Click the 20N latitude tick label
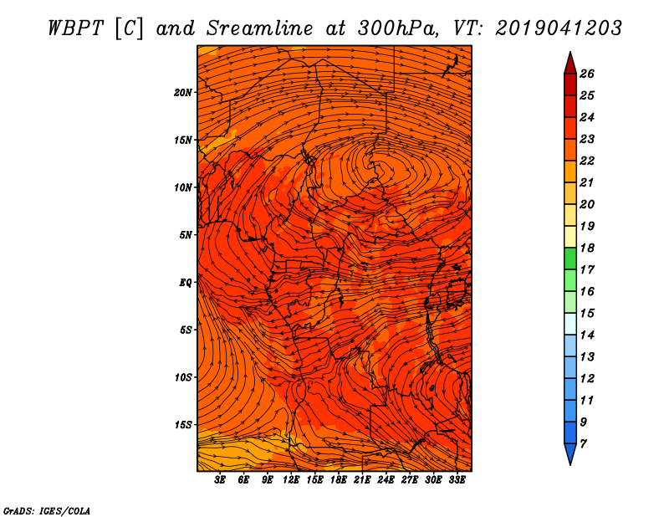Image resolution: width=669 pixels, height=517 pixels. (182, 92)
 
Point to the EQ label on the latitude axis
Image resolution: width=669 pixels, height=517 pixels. (185, 282)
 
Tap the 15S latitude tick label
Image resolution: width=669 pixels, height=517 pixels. (183, 425)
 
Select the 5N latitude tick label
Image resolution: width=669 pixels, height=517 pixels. (186, 235)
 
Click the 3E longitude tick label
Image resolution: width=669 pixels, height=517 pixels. (220, 479)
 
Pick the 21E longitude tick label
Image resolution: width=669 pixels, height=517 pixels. (362, 479)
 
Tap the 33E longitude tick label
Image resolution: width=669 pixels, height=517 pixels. (457, 479)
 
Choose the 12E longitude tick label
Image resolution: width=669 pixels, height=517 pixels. (290, 479)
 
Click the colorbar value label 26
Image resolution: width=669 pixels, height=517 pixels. (587, 74)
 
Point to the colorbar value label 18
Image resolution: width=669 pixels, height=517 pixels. (587, 248)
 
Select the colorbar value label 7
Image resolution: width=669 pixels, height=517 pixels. (583, 443)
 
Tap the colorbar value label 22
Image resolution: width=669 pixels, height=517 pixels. (587, 161)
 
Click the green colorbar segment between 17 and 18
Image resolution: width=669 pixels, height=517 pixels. (570, 258)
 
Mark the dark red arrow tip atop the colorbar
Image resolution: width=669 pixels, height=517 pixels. (570, 52)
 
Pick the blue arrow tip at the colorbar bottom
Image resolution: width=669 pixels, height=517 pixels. (570, 464)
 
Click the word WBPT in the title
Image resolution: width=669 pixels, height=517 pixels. (76, 28)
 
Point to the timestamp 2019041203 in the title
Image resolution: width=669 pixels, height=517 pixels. (558, 28)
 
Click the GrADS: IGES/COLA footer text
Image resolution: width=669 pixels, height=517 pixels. (47, 510)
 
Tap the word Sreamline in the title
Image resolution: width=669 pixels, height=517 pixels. (260, 28)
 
